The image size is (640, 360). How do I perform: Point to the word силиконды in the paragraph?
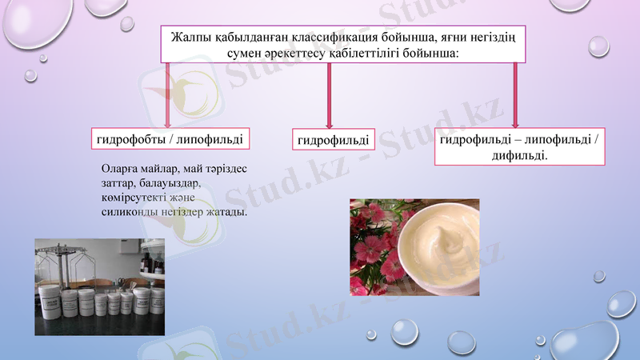tap(128, 214)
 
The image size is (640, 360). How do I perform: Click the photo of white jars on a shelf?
tap(99, 286)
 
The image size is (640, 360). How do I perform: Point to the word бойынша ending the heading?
tap(431, 52)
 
